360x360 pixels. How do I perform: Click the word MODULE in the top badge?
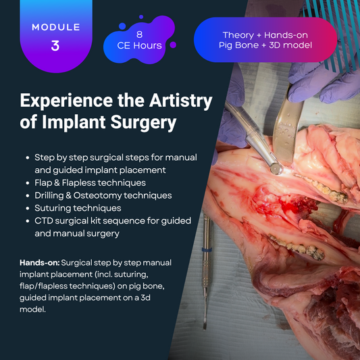(x=55, y=28)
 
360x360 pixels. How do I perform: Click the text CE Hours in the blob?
(x=138, y=45)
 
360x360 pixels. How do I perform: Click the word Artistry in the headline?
(x=177, y=101)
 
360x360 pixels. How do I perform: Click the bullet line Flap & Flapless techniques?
(x=90, y=182)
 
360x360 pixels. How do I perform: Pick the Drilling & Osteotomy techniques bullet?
(x=103, y=195)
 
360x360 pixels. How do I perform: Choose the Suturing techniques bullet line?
(x=78, y=208)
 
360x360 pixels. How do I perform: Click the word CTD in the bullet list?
(x=46, y=221)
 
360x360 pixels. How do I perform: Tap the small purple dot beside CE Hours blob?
(x=173, y=45)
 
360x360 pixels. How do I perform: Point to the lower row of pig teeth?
(x=287, y=246)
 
